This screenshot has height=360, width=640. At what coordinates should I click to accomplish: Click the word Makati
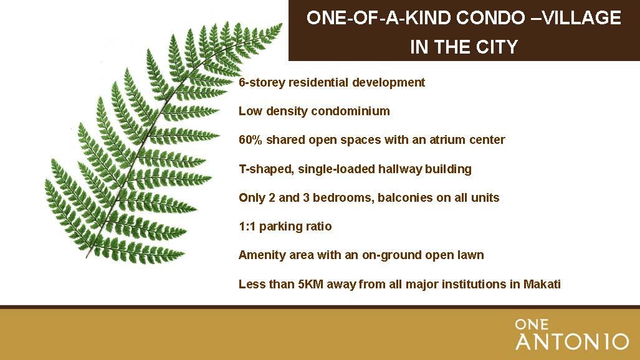[x=542, y=283]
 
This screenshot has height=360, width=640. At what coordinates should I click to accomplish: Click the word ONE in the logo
[x=532, y=324]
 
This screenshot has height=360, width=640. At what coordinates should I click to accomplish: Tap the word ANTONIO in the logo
[x=572, y=342]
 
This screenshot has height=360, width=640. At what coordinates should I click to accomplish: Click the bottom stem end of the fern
[x=87, y=257]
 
